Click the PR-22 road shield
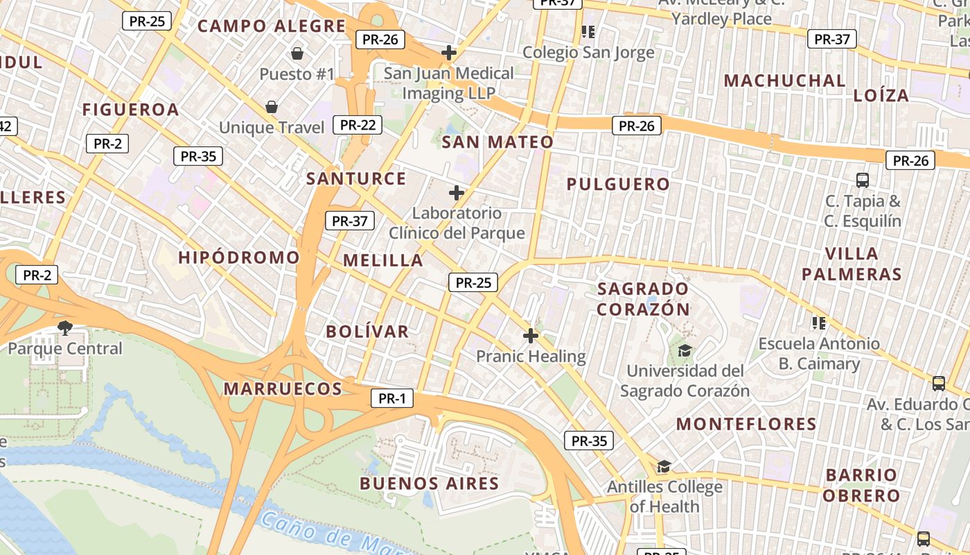coord(358,125)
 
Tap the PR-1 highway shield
coord(392,398)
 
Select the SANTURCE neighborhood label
coord(356,178)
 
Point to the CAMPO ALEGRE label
coord(272,26)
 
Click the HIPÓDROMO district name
coord(239,257)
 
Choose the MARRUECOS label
coord(283,388)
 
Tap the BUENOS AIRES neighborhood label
coord(430,484)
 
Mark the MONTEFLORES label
coord(746,424)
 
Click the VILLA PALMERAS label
coord(852,264)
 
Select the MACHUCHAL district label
coord(785,80)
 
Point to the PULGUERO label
coord(619,184)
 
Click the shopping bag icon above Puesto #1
coord(297,53)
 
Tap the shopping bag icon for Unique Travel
coord(272,107)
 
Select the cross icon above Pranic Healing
coord(531,336)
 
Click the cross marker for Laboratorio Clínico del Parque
coord(457,192)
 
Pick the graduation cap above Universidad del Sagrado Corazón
coord(685,350)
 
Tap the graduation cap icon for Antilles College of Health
coord(664,466)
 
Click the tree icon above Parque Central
coord(65,327)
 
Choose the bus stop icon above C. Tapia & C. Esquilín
coord(863,180)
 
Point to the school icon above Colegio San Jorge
coord(588,31)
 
